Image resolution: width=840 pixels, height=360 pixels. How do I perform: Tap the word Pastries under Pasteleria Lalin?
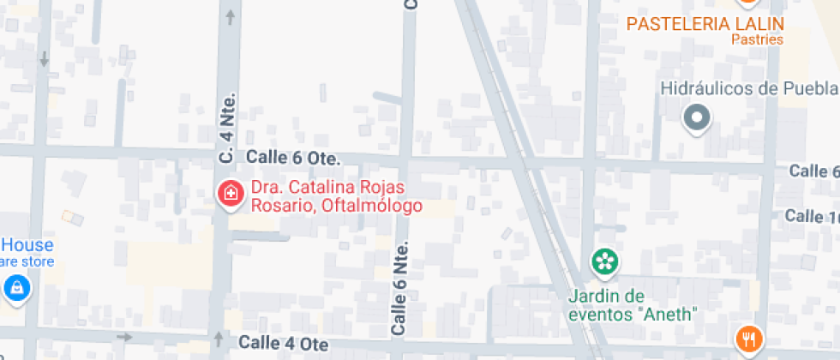[757, 39]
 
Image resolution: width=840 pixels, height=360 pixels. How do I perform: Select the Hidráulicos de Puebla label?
[747, 89]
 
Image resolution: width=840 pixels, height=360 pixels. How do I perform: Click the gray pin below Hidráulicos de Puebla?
[697, 118]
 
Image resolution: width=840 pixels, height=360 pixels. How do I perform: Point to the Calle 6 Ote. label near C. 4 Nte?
[293, 159]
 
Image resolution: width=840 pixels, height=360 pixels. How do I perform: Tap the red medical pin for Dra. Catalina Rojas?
[229, 194]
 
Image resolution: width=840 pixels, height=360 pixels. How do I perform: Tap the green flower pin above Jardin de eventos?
[605, 262]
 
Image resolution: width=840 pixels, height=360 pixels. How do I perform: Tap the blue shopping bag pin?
[16, 289]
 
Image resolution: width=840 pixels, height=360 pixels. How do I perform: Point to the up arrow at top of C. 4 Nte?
[229, 15]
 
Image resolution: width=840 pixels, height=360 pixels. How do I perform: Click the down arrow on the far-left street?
[44, 58]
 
